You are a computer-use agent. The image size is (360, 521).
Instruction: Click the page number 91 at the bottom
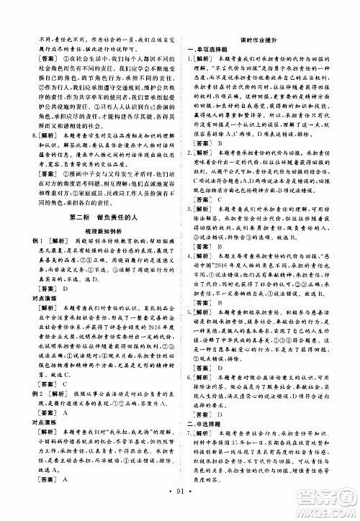click(x=180, y=510)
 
